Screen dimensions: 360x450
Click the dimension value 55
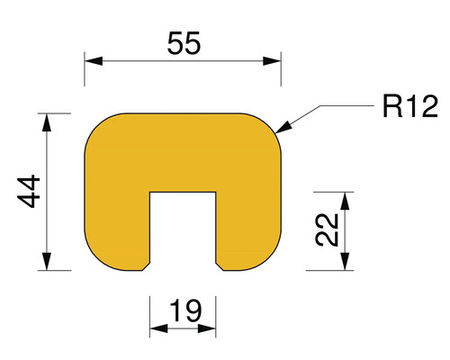pyautogui.click(x=183, y=42)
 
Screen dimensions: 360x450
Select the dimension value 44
pyautogui.click(x=32, y=192)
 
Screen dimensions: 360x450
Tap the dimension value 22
pyautogui.click(x=330, y=230)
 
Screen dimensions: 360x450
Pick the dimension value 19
pyautogui.click(x=184, y=312)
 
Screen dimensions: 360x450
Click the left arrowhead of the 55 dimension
pyautogui.click(x=91, y=61)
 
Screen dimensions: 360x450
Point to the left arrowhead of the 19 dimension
pyautogui.click(x=155, y=329)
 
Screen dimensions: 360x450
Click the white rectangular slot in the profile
pyautogui.click(x=183, y=229)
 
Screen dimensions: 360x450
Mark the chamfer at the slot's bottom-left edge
pyautogui.click(x=146, y=267)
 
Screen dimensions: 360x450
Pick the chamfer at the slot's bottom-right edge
pyautogui.click(x=220, y=267)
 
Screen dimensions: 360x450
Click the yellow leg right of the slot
pyautogui.click(x=248, y=229)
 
